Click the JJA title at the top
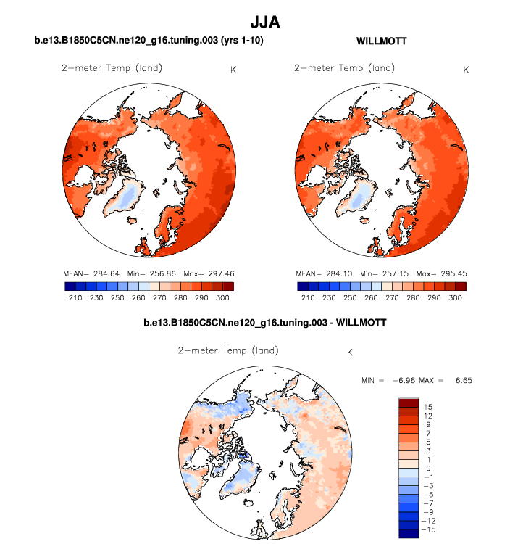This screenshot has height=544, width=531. coord(264,22)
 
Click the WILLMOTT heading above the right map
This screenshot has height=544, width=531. coord(381,41)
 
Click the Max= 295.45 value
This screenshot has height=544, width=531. coord(445,274)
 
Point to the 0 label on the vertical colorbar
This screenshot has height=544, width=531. coord(428,469)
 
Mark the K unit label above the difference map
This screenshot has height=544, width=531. coord(350,353)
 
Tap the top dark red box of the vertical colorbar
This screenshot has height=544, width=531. coord(409,403)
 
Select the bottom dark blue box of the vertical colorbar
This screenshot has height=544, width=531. coord(409,535)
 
